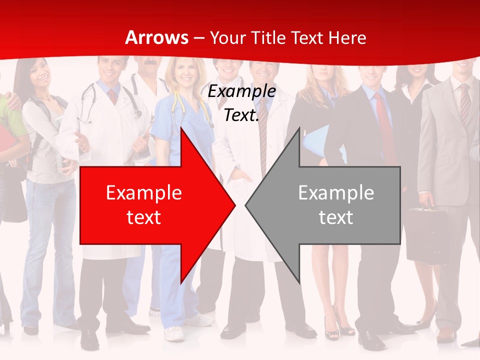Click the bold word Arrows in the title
pos(156,37)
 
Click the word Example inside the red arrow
pos(144,193)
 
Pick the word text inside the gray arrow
pos(336,217)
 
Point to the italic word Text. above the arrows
pos(241,115)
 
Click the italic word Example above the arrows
pos(241,91)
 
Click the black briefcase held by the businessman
pos(426,235)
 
